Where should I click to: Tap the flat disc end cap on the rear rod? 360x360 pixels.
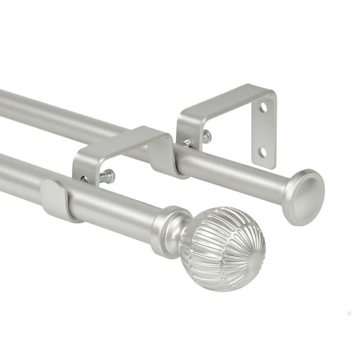(x=303, y=197)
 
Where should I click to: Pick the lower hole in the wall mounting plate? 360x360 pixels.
(x=263, y=151)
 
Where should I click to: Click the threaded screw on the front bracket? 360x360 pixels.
(x=107, y=177)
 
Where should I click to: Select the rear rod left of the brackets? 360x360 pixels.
(x=50, y=113)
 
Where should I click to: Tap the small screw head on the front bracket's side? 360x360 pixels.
(x=84, y=179)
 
